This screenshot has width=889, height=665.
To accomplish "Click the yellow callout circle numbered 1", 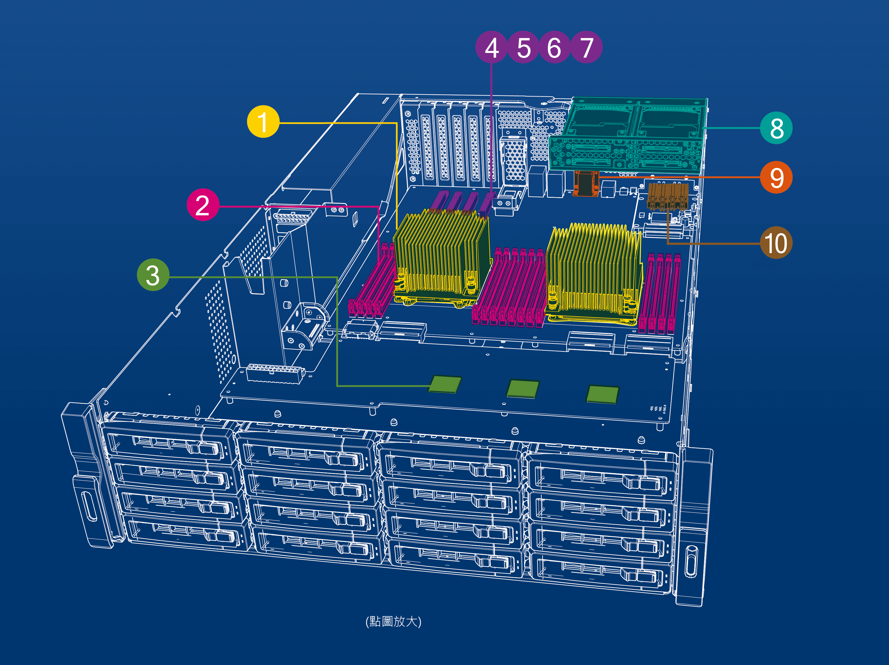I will coord(263,121).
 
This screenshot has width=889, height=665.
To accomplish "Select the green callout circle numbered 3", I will coord(153,275).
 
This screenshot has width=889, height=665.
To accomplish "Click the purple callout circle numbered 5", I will coord(523,47).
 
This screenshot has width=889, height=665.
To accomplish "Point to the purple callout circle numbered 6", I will coord(554,47).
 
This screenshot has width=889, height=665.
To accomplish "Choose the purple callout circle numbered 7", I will coord(586,47).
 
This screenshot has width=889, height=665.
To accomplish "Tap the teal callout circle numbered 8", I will coord(776,128).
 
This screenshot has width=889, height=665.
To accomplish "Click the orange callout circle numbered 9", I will coord(776,177).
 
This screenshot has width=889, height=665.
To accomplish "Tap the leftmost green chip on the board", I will coord(445,384).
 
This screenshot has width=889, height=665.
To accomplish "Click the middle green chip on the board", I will coord(522,388).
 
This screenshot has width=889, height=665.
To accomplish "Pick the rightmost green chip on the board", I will coord(603,394).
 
